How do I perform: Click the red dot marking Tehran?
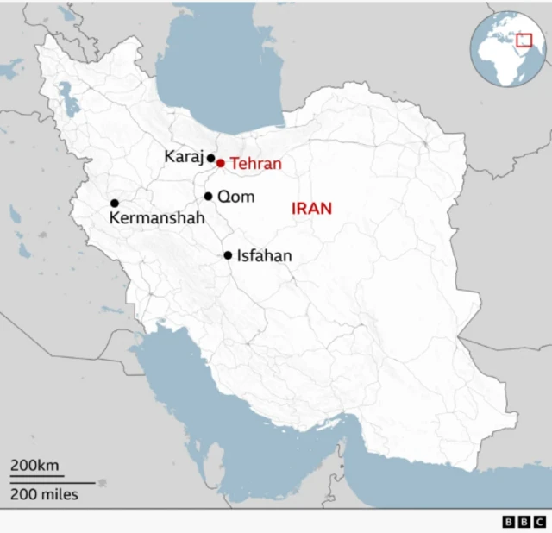(x=220, y=163)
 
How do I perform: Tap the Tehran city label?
(x=255, y=164)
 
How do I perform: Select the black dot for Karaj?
(x=210, y=158)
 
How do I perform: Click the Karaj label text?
(x=183, y=157)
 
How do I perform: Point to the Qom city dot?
(x=208, y=197)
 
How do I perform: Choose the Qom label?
(x=235, y=197)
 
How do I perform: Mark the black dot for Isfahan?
(x=228, y=255)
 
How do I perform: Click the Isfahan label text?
(x=265, y=255)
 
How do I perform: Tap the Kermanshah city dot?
(x=114, y=204)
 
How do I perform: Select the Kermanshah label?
(x=157, y=219)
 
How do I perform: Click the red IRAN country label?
(x=311, y=209)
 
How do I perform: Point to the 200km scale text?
(x=34, y=467)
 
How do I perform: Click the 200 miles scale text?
(x=44, y=494)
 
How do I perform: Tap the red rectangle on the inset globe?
(x=524, y=41)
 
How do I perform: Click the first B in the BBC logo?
(x=508, y=522)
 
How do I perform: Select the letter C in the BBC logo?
(x=539, y=522)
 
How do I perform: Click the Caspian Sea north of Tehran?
(x=224, y=78)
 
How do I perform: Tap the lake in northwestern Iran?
(x=68, y=103)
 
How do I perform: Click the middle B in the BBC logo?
(x=524, y=522)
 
